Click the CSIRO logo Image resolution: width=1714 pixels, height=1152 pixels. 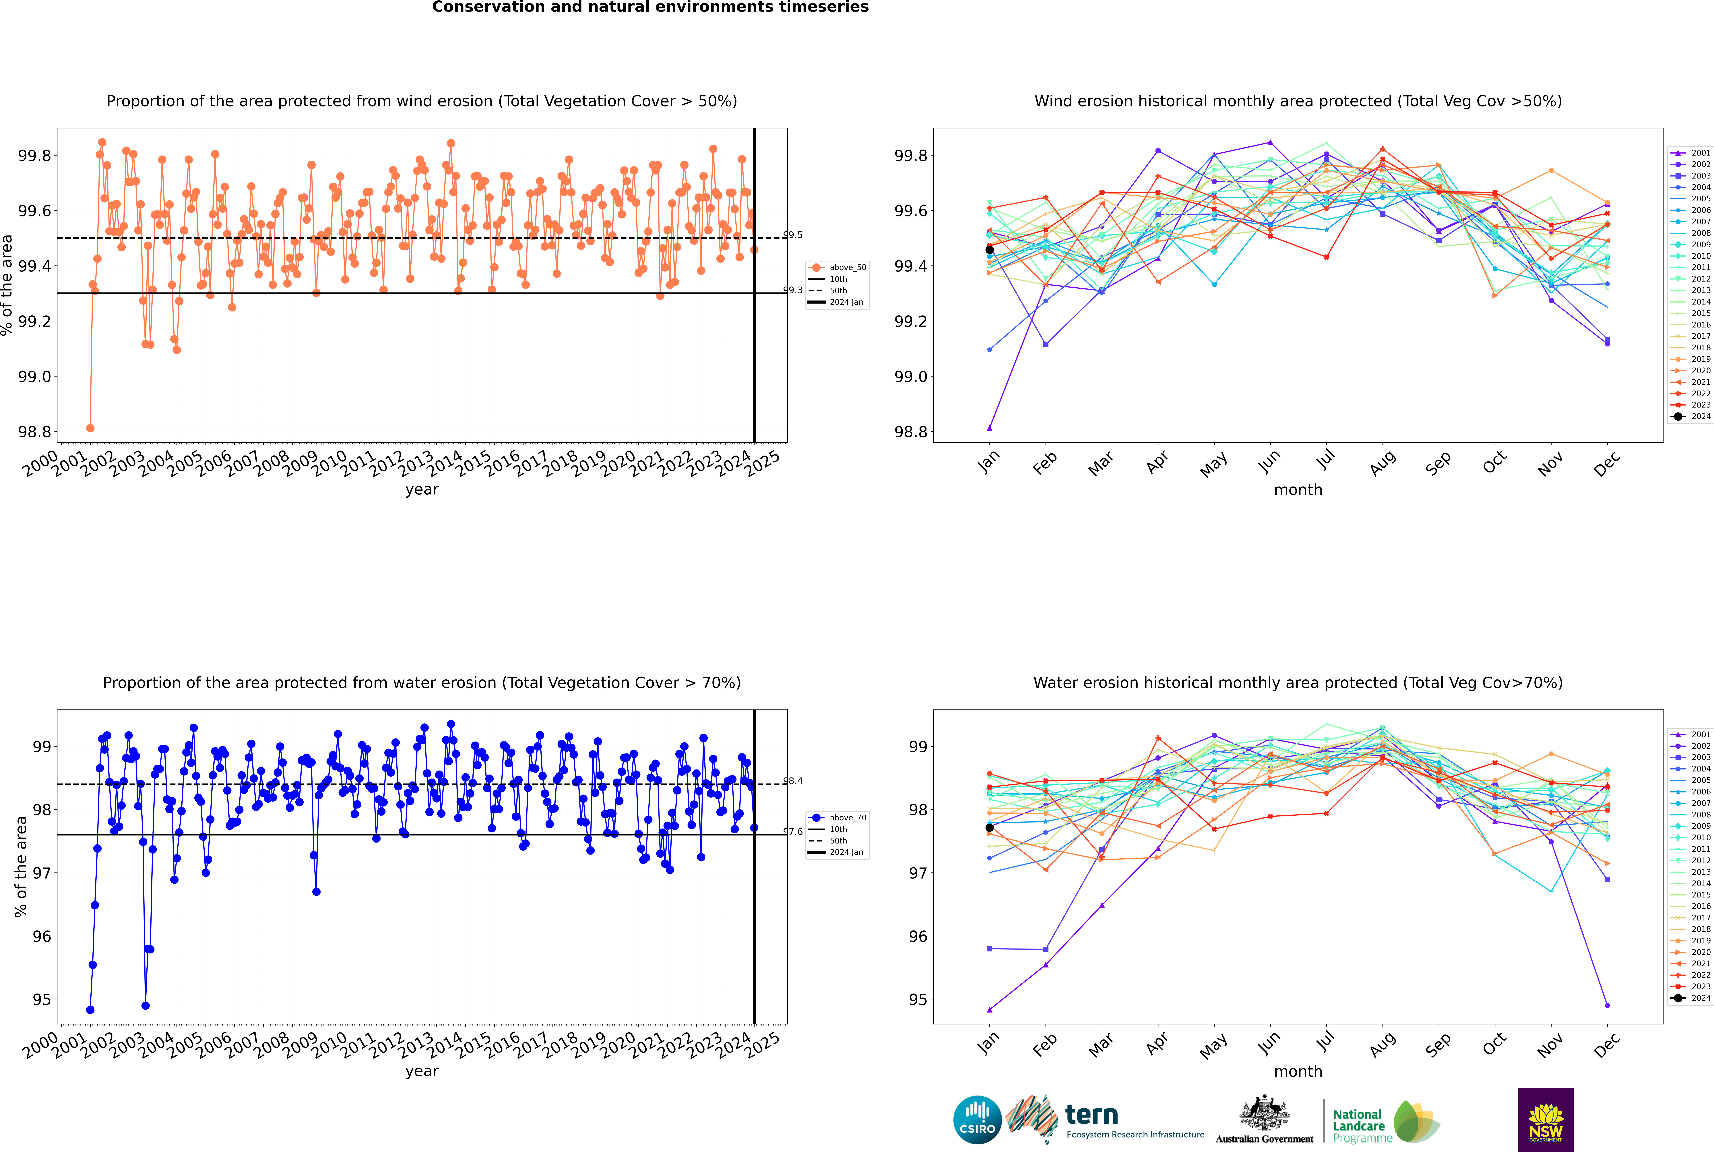[x=977, y=1120]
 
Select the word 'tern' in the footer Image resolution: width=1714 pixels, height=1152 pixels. [x=1092, y=1115]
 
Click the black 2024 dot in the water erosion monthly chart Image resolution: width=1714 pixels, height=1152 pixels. [x=990, y=828]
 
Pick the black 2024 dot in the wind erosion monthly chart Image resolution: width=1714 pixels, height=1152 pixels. [x=990, y=250]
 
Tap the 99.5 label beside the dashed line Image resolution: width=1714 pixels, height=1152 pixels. [x=793, y=235]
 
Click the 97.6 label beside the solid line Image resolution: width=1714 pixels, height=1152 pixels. [x=793, y=832]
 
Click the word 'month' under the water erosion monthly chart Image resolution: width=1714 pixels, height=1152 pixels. [x=1298, y=1071]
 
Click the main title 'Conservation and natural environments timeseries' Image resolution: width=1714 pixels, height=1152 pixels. [x=650, y=7]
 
